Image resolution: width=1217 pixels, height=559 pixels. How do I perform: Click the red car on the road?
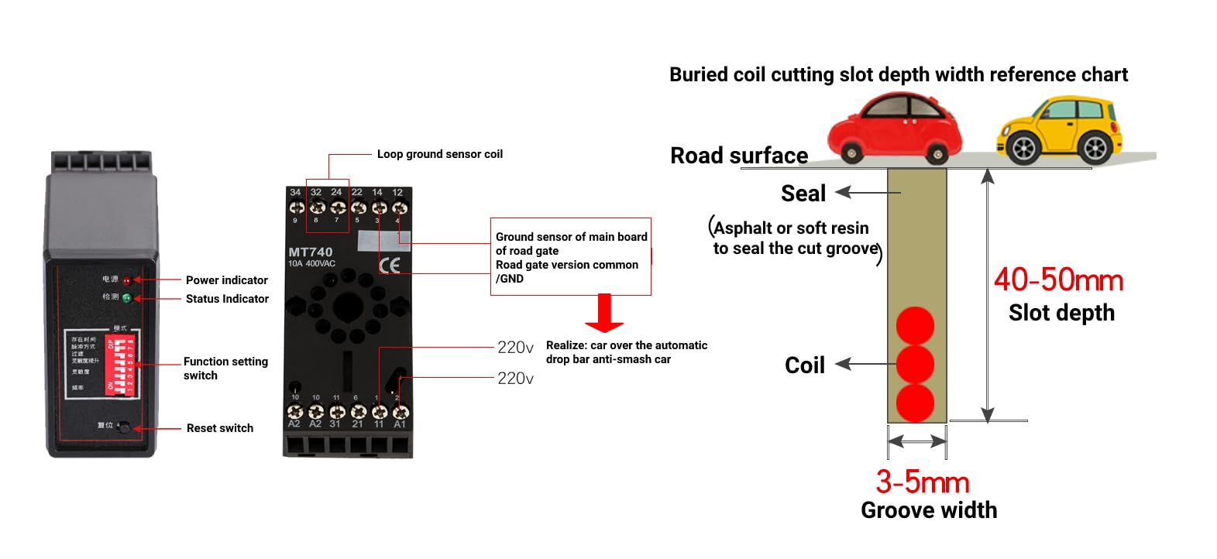pos(894,128)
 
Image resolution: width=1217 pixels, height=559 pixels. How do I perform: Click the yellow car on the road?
pos(1060,129)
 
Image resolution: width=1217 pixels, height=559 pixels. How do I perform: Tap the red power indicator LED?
pos(127,280)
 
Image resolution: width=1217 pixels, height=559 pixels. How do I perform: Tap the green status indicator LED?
pos(127,298)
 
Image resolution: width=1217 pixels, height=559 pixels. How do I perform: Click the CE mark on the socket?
pos(390,266)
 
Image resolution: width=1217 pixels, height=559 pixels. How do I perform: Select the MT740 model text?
pos(310,252)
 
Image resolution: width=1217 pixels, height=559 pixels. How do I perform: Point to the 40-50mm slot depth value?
pos(1058,280)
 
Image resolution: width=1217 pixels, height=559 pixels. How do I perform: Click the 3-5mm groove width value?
pos(922,482)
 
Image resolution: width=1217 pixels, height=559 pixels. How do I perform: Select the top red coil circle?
pos(915,325)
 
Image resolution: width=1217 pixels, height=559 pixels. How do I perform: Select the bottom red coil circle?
pos(915,403)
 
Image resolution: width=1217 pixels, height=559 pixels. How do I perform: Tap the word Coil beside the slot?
pos(804,365)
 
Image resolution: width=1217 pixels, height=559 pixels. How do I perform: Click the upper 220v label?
pos(515,348)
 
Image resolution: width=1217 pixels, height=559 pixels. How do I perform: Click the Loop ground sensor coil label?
pos(439,154)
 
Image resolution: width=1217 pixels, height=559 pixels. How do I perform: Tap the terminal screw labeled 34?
pos(296,207)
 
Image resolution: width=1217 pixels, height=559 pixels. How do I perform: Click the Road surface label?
pos(738,156)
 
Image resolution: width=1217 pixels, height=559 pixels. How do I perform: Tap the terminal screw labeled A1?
pos(400,412)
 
